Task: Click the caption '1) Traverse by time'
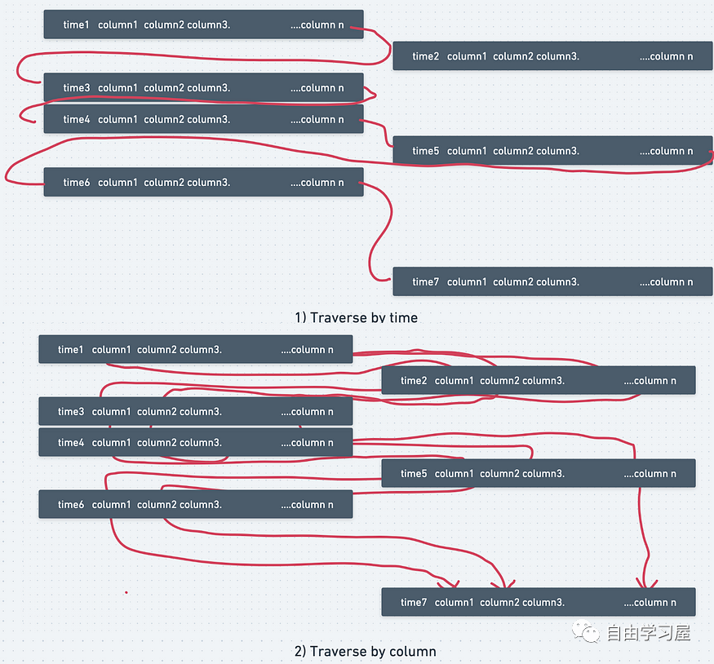click(x=356, y=317)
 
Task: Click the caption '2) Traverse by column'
click(x=366, y=651)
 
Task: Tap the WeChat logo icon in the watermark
click(x=586, y=631)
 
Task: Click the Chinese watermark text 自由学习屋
click(x=649, y=633)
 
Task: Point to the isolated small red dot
click(x=126, y=592)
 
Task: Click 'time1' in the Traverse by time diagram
click(x=76, y=24)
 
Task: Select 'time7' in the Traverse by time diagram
click(x=425, y=281)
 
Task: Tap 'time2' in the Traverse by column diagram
click(x=414, y=380)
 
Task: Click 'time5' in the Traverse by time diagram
click(x=425, y=151)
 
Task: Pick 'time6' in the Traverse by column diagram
click(x=70, y=504)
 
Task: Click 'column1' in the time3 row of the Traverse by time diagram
click(x=118, y=87)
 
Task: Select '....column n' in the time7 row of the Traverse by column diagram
click(x=650, y=602)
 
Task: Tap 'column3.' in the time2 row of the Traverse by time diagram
click(x=558, y=56)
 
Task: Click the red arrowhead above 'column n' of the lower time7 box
click(x=646, y=583)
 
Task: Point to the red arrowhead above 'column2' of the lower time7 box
click(x=503, y=584)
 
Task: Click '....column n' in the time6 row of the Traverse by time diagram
click(x=317, y=182)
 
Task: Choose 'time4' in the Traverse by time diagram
click(x=76, y=119)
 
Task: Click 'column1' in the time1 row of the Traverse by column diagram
click(x=111, y=349)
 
